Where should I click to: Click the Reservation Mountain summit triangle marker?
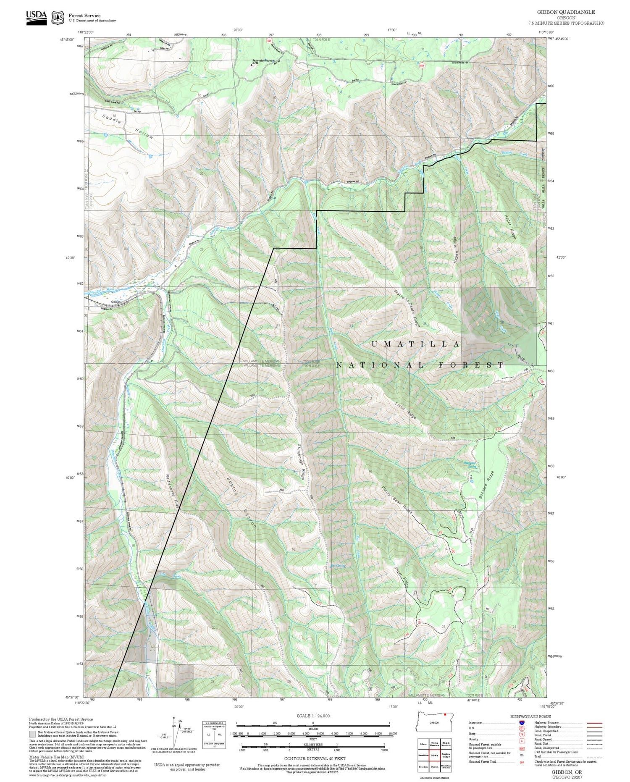click(252, 65)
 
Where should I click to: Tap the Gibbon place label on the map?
click(116, 302)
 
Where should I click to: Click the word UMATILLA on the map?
click(415, 344)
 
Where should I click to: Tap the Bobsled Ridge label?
click(486, 485)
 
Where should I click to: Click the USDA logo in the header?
click(37, 18)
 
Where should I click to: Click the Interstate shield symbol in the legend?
click(522, 722)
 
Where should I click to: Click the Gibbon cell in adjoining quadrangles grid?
click(435, 755)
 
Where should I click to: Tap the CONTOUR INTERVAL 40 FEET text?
click(315, 758)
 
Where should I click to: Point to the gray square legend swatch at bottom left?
click(32, 734)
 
